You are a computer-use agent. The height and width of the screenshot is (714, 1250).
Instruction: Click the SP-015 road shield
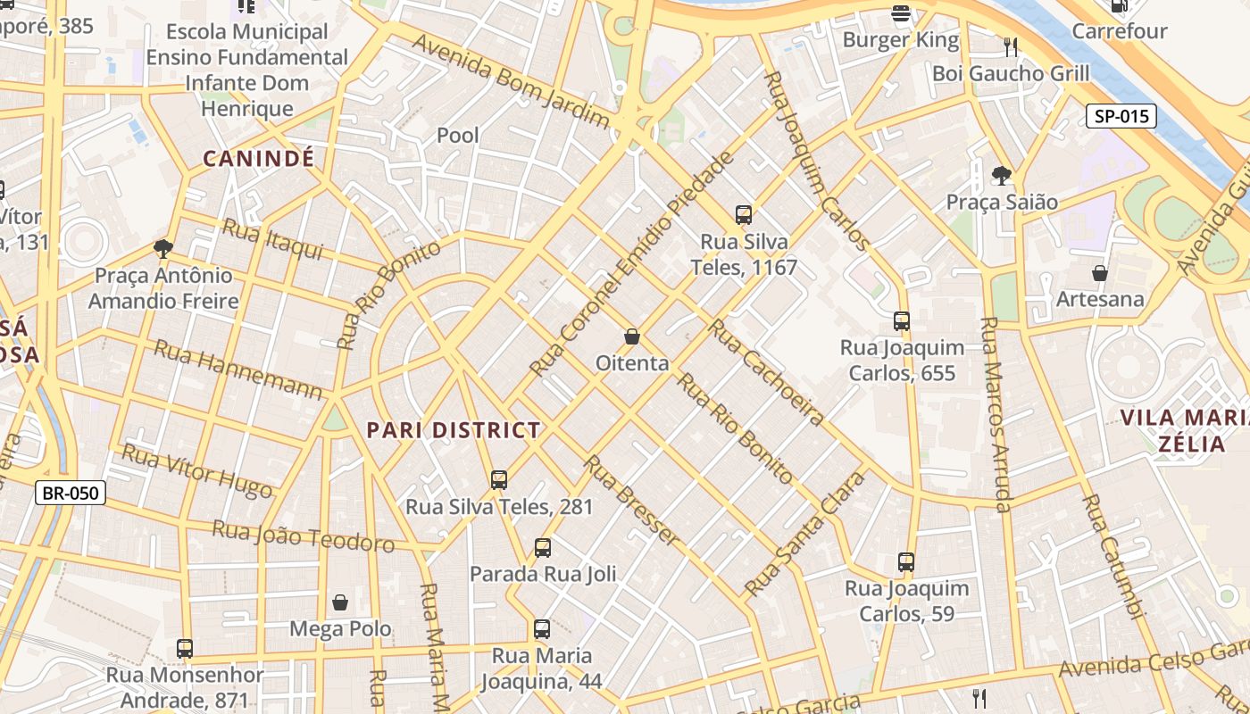coord(1121,116)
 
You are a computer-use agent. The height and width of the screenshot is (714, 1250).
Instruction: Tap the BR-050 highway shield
coord(71,493)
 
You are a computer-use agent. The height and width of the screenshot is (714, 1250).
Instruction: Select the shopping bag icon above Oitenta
coord(632,336)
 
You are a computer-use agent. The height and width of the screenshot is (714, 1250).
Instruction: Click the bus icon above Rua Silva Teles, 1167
coord(743,214)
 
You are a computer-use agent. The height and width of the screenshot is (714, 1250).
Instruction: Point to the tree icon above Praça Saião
coord(1002,175)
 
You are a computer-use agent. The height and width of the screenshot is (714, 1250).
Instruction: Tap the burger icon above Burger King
coord(901,12)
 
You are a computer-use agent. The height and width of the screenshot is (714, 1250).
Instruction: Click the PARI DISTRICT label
coord(454,430)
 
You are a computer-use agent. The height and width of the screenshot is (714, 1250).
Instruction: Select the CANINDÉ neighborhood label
coord(259,159)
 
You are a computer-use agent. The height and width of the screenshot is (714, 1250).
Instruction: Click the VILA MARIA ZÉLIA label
coord(1184,430)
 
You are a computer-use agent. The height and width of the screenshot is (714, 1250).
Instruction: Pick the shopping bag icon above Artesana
coord(1100,272)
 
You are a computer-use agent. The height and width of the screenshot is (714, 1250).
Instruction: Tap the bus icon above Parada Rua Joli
coord(542,547)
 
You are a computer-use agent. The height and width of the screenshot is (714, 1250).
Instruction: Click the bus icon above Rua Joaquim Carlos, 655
coord(902,320)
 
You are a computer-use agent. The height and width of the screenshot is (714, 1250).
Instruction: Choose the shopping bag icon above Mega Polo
coord(340,602)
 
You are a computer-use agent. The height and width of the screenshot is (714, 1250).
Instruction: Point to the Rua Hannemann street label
coord(237,369)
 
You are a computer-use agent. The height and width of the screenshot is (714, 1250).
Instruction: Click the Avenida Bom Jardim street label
coord(510,81)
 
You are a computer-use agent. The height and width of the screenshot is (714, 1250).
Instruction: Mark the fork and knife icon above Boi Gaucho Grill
coord(1011,46)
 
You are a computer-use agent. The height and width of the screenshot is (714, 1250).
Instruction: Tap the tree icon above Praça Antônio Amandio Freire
coord(162,248)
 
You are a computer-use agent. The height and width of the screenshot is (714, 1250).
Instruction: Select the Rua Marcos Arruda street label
coord(995,415)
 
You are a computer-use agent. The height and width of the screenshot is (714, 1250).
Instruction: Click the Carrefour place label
coord(1120,31)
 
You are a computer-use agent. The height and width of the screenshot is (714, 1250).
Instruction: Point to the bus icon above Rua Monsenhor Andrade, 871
coord(185,649)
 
